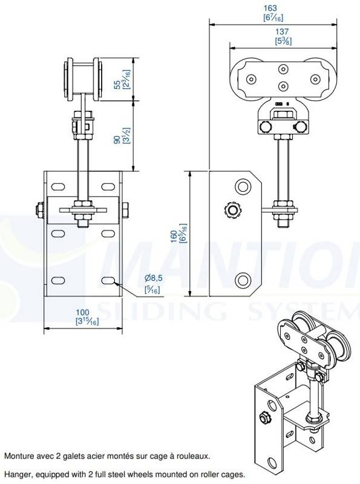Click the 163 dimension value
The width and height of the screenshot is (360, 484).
tap(270, 8)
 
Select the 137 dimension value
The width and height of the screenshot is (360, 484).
tap(282, 31)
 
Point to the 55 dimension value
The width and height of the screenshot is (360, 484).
tap(117, 85)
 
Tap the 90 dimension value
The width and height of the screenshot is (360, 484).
tap(117, 140)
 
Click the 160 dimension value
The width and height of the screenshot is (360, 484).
tap(174, 237)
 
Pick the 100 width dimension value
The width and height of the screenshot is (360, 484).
tap(82, 313)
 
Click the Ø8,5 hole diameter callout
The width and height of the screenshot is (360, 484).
tap(154, 278)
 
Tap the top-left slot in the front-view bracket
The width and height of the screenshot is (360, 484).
tap(58, 187)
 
